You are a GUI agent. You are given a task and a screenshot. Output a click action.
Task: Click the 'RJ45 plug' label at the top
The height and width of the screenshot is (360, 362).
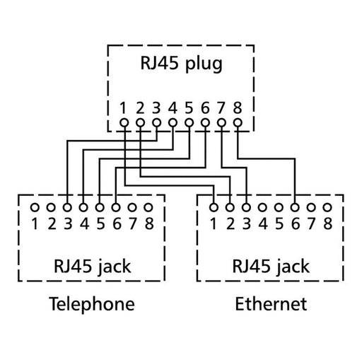coord(180,64)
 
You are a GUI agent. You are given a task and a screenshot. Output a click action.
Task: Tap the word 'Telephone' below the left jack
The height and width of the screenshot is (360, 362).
coord(91,305)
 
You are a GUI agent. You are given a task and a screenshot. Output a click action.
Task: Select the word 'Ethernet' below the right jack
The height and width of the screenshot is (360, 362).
coord(271,305)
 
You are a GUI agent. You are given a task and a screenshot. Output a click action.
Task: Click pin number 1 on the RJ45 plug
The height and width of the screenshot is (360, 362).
coord(124,108)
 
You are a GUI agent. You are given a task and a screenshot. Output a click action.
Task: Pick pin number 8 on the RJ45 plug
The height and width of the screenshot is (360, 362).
coord(238,108)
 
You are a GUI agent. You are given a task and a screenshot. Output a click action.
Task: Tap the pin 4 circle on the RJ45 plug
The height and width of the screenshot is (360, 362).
coord(173,123)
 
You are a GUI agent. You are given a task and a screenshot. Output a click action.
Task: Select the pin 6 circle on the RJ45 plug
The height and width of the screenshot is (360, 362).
coord(205,123)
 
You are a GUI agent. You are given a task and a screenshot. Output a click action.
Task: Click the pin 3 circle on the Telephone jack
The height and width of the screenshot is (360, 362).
coord(66,208)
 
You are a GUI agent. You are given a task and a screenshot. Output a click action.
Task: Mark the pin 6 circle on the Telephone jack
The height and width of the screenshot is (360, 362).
coord(115,208)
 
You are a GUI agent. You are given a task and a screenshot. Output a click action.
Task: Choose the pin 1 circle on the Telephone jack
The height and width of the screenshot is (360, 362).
coord(34,208)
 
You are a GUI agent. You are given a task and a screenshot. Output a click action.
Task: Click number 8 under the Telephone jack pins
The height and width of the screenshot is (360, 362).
coord(148,224)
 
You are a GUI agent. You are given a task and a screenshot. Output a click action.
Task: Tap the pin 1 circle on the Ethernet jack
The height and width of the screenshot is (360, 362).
coord(214,208)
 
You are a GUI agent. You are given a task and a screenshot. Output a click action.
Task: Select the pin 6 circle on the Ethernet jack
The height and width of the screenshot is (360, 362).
coord(295,208)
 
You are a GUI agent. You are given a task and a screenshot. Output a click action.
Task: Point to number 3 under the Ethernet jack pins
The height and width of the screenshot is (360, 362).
coord(246,224)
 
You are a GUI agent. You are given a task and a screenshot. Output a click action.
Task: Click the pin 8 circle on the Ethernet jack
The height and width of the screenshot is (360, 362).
coord(327,208)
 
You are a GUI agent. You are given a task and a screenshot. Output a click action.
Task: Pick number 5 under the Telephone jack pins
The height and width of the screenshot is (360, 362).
coord(99,224)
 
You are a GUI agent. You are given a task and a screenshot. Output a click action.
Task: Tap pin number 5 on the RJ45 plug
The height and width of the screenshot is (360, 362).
coord(189,108)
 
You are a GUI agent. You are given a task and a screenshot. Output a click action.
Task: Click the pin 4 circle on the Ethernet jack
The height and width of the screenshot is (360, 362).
coord(262,208)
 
